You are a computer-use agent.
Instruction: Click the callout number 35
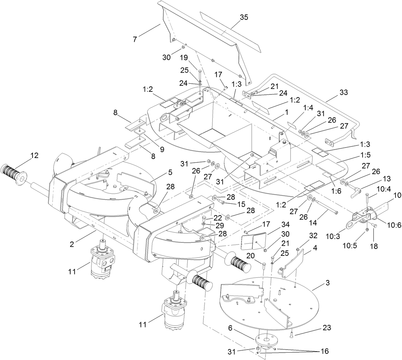(x=244, y=18)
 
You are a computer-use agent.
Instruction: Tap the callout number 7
(x=135, y=39)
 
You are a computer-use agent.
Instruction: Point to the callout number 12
(x=34, y=156)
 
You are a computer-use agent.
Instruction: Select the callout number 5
(x=170, y=173)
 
